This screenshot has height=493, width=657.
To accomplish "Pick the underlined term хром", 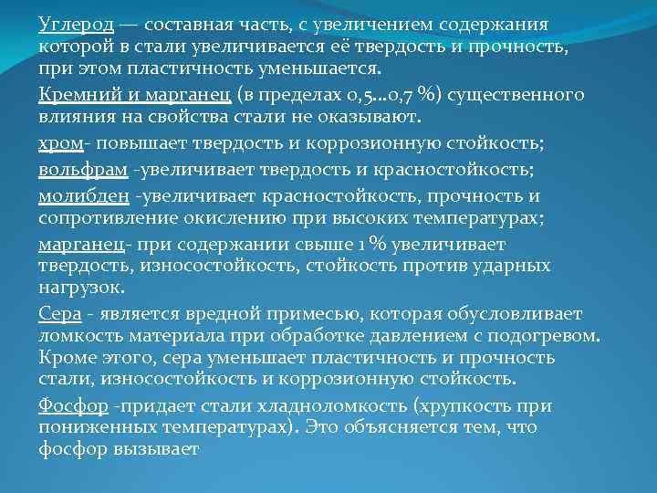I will tap(59, 144).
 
